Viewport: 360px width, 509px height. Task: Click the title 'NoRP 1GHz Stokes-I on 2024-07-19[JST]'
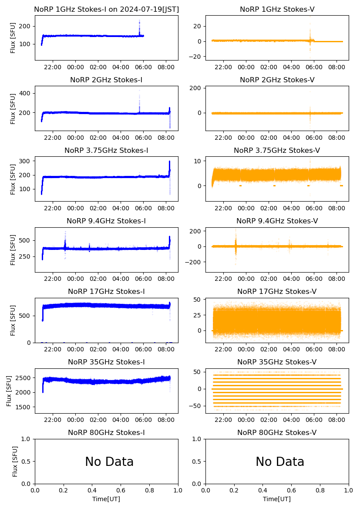pos(106,9)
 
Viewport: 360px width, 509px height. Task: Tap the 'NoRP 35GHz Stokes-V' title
pos(277,362)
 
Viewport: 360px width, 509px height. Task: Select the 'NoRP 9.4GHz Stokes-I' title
pos(106,221)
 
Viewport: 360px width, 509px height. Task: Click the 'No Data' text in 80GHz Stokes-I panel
pos(109,462)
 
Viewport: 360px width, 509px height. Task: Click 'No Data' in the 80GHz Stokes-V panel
pos(280,462)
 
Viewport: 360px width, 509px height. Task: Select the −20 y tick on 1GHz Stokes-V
pos(197,57)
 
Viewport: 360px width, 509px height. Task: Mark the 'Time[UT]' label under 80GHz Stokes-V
pos(277,499)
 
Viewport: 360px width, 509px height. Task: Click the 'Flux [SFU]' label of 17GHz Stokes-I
pos(13,320)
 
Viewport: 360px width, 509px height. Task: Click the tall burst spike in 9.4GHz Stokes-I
pos(65,232)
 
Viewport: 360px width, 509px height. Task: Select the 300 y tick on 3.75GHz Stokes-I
pos(26,161)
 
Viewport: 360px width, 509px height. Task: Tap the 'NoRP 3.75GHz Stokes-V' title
pos(277,151)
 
